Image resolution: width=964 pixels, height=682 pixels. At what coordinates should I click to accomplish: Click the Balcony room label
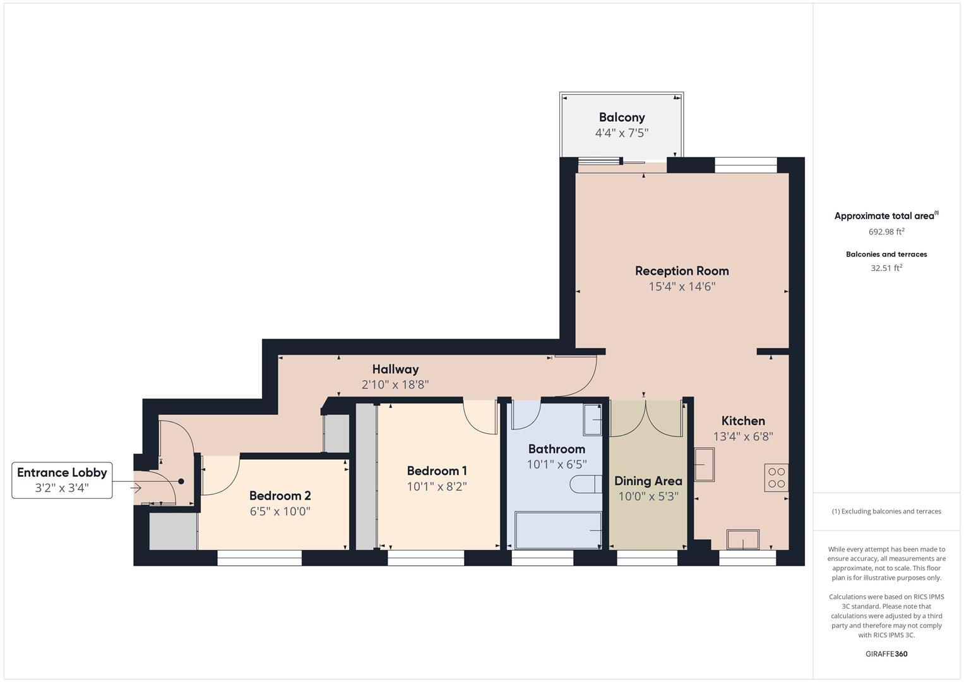(x=622, y=117)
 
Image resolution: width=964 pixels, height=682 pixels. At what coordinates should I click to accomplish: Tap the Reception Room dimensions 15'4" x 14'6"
(x=682, y=287)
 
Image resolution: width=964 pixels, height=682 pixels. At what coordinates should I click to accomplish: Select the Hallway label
(x=395, y=369)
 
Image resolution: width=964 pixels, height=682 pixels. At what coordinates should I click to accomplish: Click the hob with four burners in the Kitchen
(x=777, y=478)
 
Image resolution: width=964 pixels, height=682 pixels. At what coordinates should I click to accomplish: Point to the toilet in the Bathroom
(x=585, y=484)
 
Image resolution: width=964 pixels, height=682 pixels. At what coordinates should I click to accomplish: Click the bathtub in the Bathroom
(x=558, y=530)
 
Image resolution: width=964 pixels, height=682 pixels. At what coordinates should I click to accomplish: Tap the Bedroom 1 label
(x=437, y=471)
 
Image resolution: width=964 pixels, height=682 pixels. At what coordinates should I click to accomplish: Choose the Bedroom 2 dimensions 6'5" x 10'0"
(x=280, y=512)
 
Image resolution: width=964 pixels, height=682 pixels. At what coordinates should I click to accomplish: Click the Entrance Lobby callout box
(x=62, y=480)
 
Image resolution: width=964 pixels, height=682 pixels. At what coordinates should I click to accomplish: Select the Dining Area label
(x=648, y=481)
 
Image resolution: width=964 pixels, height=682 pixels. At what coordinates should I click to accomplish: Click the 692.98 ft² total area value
(x=886, y=232)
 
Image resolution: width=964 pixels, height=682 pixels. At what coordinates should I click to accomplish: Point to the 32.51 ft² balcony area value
(x=886, y=268)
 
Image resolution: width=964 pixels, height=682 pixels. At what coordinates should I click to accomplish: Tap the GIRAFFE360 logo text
(x=886, y=654)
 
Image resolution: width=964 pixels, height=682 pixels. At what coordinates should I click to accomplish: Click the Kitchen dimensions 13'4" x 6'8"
(x=743, y=436)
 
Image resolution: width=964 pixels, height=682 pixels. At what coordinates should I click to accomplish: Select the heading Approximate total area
(x=885, y=216)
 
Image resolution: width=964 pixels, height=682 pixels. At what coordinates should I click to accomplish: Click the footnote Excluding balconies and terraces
(x=886, y=512)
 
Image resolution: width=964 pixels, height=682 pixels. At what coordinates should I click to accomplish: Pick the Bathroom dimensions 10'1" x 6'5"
(x=557, y=465)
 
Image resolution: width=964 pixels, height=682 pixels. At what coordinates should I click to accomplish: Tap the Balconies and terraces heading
(x=886, y=254)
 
